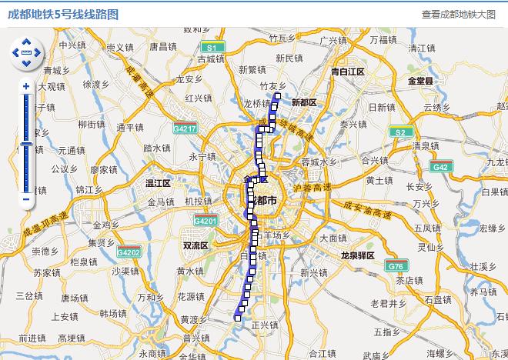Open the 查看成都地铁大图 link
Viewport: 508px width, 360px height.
459,14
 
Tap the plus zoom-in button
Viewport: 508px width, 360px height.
26,86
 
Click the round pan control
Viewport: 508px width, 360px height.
27,52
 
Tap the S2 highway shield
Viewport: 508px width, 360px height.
399,132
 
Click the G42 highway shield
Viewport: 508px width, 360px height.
440,167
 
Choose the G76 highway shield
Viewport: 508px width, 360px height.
396,266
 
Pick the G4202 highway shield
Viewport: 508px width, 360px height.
129,252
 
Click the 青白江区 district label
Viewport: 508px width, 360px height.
347,72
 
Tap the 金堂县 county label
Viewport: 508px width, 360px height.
421,80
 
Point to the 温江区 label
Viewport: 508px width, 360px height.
158,183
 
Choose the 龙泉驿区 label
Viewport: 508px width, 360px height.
357,255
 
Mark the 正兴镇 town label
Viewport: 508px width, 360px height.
264,325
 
